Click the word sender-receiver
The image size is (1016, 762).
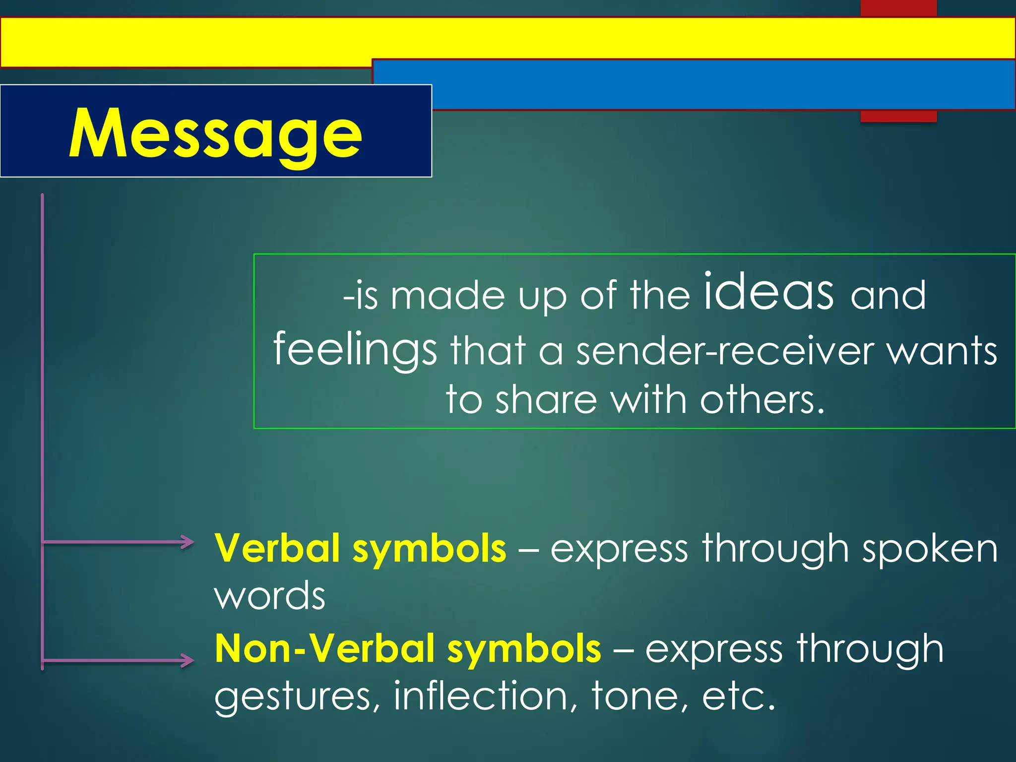point(724,351)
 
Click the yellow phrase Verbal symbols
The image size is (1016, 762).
point(360,549)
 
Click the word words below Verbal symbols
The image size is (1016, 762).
point(269,595)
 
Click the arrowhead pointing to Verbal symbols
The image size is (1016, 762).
point(188,542)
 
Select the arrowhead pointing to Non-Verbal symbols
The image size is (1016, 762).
point(188,660)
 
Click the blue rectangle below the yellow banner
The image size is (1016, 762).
point(695,84)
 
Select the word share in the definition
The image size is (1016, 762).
point(546,400)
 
